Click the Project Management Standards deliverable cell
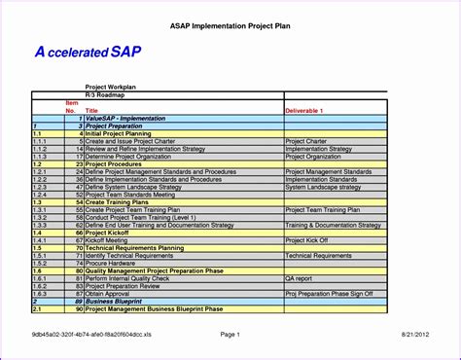pos(328,171)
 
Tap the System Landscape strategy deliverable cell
pos(325,186)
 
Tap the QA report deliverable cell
pos(299,277)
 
